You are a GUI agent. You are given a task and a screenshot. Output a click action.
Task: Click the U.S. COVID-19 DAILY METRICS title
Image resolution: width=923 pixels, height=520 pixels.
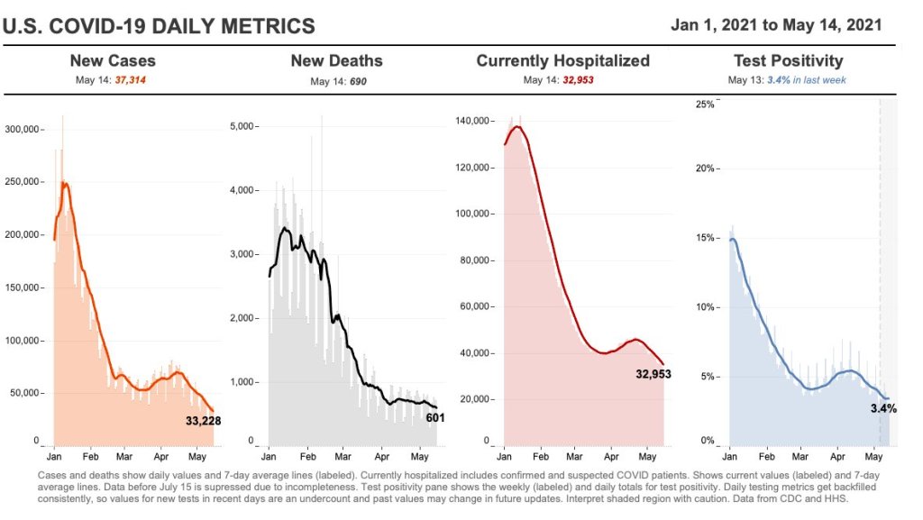160,26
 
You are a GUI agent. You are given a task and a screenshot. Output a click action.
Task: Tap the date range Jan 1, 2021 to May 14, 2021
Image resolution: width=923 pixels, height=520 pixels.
776,24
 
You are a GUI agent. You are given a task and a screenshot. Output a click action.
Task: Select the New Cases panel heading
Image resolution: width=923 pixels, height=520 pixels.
113,61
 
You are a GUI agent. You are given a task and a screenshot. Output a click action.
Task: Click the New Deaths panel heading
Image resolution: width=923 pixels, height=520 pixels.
336,61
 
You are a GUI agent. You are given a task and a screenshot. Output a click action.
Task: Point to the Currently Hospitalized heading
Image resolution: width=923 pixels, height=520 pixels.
562,61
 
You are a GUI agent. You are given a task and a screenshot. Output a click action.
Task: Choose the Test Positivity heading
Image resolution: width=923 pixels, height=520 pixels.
789,61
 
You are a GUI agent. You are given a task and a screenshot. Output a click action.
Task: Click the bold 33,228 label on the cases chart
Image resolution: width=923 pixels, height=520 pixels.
203,420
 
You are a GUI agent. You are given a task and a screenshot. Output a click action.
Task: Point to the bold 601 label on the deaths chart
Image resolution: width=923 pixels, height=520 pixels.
435,417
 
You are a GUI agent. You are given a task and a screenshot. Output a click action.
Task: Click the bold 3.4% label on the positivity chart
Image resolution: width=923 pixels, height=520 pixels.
883,408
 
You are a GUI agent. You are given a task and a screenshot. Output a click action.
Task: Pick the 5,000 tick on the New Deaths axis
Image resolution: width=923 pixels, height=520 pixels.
243,126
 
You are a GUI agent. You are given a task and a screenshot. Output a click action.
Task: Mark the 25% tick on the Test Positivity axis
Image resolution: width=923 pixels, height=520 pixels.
704,105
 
